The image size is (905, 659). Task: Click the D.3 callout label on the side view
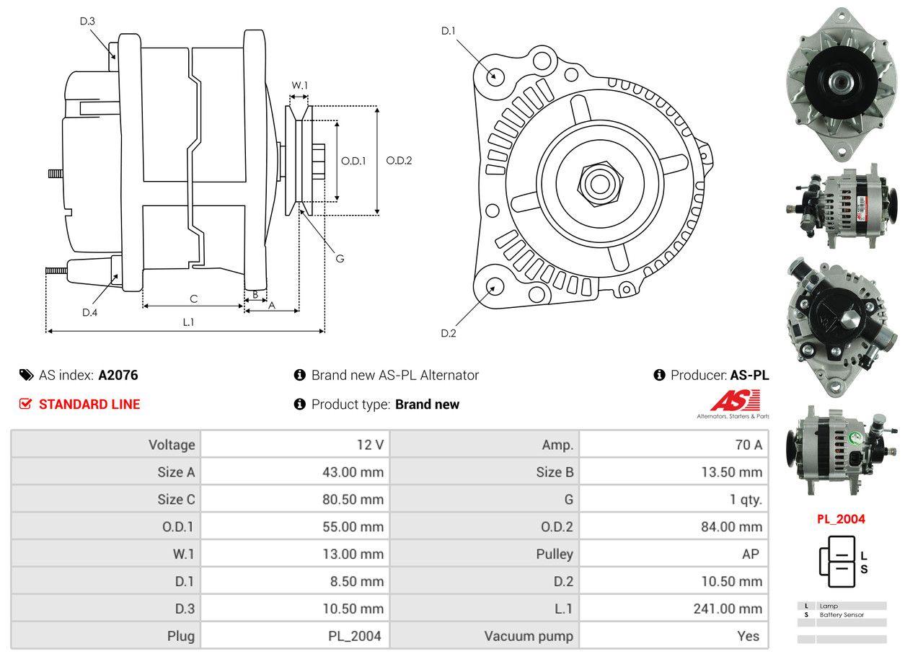pos(87,21)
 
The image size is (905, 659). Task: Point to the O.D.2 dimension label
pos(399,160)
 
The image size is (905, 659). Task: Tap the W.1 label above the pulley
pos(299,85)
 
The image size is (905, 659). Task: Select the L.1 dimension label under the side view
pos(188,322)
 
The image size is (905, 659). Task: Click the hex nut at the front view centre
pos(598,182)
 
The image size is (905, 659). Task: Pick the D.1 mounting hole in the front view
pos(495,75)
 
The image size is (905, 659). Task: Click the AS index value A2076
pos(118,375)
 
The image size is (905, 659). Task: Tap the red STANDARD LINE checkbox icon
pos(26,404)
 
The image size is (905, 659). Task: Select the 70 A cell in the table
pos(748,445)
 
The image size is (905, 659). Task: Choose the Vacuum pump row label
pos(529,636)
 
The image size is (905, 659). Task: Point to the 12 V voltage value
pos(370,445)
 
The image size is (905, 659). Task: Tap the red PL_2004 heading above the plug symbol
pos(841,518)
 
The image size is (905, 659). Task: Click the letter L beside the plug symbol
pos(864,556)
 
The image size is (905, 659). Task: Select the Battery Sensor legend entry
pos(842,615)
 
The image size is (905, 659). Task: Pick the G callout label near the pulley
pos(340,258)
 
